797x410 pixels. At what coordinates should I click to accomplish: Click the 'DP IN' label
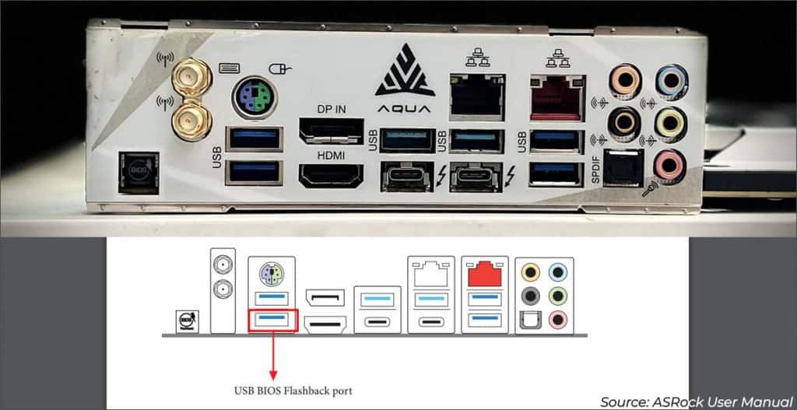pyautogui.click(x=331, y=110)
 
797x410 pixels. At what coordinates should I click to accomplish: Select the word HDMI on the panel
pyautogui.click(x=330, y=156)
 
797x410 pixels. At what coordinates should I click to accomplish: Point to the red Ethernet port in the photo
pyautogui.click(x=556, y=97)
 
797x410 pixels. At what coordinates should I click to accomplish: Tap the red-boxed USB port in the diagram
pyautogui.click(x=272, y=320)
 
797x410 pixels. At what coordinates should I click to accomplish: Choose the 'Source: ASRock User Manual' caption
pyautogui.click(x=697, y=401)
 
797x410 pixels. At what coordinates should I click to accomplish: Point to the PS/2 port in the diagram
pyautogui.click(x=270, y=274)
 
